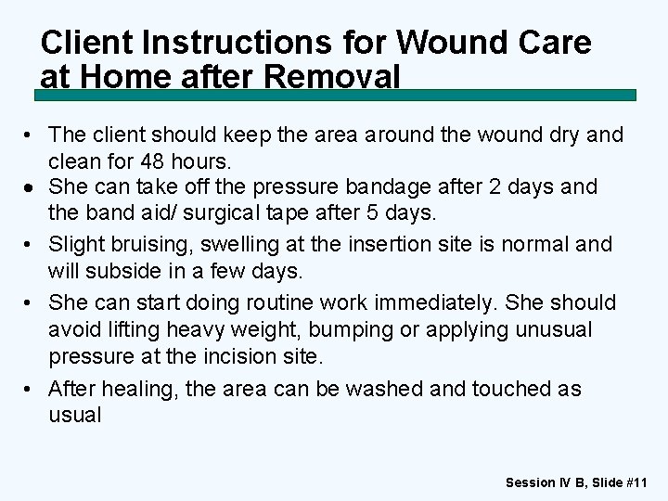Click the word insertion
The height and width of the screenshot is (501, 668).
[369, 245]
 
